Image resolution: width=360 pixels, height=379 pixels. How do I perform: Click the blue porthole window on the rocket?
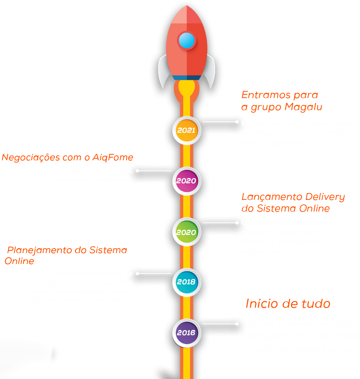tap(187, 40)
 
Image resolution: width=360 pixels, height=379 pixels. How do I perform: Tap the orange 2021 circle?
tap(186, 130)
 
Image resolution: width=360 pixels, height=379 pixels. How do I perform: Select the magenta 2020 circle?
tap(186, 181)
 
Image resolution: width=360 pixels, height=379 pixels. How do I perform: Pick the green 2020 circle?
tap(186, 232)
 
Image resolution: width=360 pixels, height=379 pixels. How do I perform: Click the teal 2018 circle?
tap(186, 282)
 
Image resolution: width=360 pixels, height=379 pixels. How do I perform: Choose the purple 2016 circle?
tap(186, 333)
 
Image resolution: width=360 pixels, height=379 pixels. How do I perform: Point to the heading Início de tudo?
tap(288, 304)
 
